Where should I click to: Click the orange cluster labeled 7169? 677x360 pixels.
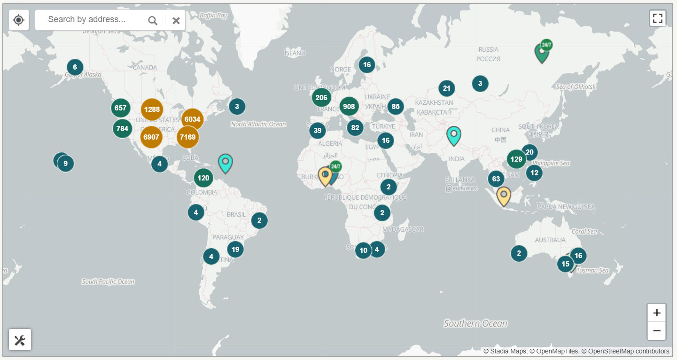(x=187, y=137)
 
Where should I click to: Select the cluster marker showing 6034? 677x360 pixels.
(x=192, y=119)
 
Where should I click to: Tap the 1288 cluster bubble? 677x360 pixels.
(x=152, y=110)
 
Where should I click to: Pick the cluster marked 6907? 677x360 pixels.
(x=151, y=137)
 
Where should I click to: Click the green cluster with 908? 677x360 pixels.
(x=349, y=107)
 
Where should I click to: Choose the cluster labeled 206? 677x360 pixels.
(x=321, y=98)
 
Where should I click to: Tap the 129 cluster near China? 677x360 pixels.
(x=516, y=159)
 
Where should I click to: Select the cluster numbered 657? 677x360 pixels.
(x=120, y=108)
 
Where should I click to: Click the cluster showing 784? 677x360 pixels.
(x=122, y=129)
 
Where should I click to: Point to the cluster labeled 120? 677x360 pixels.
(x=203, y=178)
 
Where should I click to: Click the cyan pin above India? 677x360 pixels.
(x=453, y=135)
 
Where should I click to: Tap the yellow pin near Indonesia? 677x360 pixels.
(x=504, y=196)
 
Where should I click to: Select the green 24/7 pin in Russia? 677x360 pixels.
(x=542, y=53)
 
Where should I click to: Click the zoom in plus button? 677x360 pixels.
(x=656, y=313)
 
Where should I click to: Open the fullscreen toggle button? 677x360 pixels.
(x=657, y=18)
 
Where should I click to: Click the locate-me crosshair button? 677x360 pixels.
(x=19, y=20)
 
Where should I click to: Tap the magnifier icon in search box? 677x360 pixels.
(x=153, y=20)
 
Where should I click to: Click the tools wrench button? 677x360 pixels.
(x=20, y=340)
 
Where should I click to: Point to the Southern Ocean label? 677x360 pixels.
(x=475, y=323)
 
